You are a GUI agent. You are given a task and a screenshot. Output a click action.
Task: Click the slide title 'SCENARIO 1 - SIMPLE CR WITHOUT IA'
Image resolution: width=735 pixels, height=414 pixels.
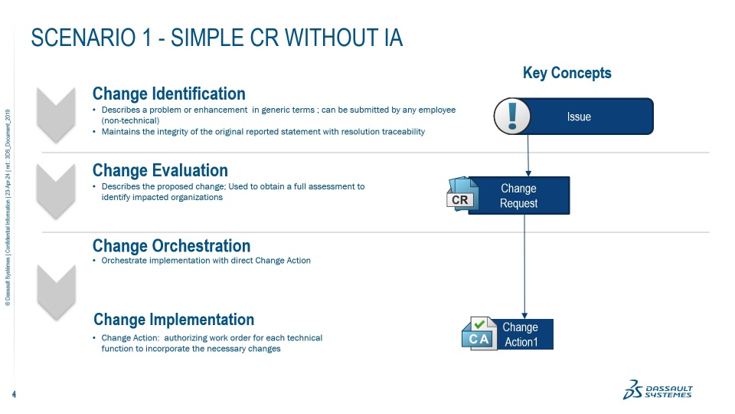(x=217, y=38)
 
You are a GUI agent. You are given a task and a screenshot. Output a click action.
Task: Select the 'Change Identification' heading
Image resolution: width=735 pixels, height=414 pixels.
(x=168, y=94)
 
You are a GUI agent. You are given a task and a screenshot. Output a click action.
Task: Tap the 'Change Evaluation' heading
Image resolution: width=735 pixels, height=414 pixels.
(x=160, y=169)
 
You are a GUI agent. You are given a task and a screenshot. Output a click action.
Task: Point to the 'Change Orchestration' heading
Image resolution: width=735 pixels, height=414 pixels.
(x=171, y=245)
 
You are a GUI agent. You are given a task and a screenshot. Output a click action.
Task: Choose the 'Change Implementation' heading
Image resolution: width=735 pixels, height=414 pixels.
(x=173, y=319)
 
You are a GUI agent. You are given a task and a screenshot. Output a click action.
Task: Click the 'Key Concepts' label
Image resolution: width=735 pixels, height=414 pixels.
(x=567, y=73)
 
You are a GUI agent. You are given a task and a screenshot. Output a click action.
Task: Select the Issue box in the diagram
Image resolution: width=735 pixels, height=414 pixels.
(x=579, y=117)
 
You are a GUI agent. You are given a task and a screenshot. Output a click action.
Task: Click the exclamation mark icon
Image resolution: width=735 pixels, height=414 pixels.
(x=512, y=117)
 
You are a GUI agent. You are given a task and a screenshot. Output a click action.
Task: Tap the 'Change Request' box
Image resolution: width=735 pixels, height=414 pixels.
(x=518, y=195)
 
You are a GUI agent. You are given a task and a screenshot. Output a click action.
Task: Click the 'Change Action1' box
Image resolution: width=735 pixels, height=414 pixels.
(x=521, y=334)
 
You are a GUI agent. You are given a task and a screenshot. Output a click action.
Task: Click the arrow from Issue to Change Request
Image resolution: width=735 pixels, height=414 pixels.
(x=528, y=156)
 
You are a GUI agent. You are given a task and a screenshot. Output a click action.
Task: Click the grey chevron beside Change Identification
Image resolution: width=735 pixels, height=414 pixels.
(x=56, y=113)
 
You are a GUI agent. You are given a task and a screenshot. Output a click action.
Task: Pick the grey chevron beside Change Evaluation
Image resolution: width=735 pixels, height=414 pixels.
(x=56, y=189)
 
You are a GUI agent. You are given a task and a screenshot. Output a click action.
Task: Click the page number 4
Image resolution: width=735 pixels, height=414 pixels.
(x=15, y=395)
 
